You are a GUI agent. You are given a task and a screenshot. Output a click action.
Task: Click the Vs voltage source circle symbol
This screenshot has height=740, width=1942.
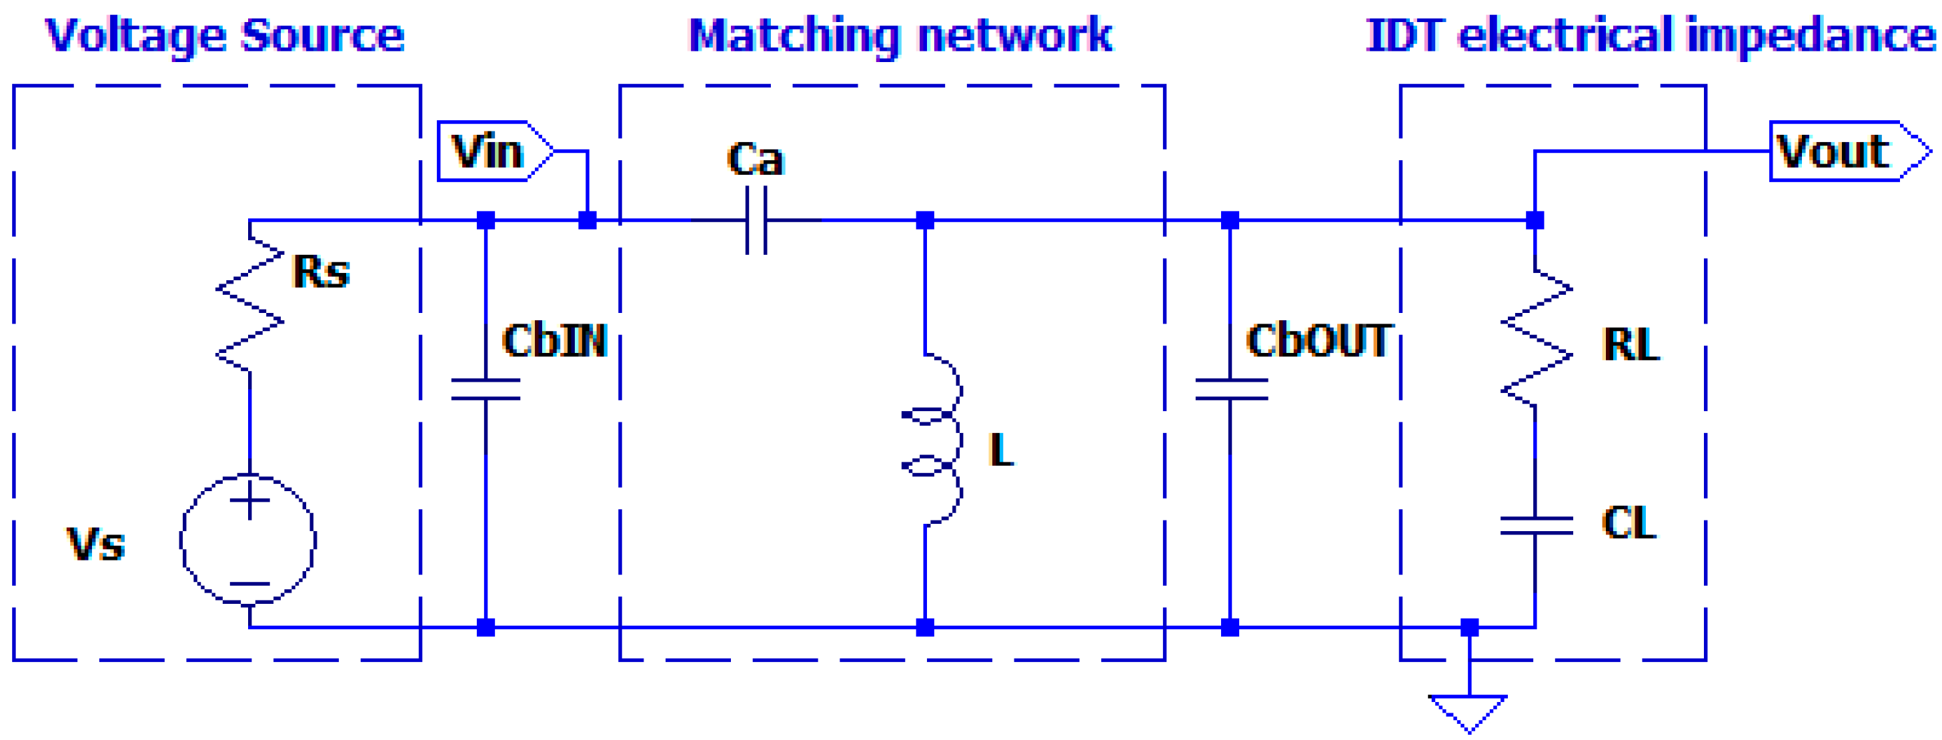[248, 539]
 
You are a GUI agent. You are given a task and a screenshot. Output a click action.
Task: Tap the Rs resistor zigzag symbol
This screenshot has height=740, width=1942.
[249, 305]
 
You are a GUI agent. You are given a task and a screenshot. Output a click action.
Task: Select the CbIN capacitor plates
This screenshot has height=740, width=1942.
[485, 389]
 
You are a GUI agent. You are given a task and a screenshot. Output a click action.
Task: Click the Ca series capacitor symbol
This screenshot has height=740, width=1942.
[756, 220]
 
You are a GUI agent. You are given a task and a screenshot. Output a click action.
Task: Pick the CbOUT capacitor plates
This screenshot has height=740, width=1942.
[1230, 389]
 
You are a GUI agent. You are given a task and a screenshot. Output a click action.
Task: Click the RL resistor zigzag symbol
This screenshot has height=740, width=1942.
[1537, 340]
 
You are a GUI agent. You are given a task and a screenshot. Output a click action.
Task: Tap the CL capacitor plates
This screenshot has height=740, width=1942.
[1536, 526]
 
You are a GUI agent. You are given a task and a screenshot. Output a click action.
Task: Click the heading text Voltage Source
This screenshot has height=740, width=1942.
[225, 35]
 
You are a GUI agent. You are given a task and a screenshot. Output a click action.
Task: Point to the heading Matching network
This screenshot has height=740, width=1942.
[900, 35]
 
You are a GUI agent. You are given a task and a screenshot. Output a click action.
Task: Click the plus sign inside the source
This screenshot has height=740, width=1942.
[249, 500]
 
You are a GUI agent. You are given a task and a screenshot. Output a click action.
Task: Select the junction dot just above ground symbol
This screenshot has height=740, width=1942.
[1469, 627]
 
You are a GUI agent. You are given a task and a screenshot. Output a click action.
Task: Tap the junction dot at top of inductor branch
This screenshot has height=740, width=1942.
[925, 220]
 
